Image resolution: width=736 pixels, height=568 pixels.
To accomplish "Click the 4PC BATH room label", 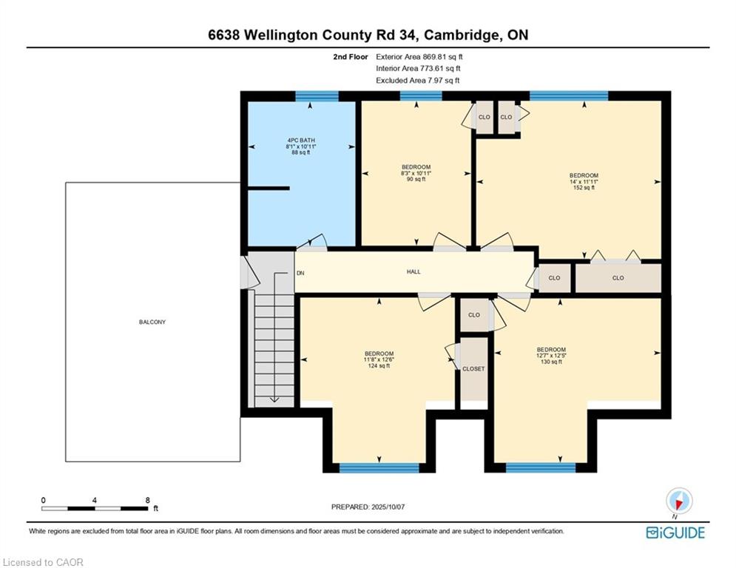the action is tap(301, 146).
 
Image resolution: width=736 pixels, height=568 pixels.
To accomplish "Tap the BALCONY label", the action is tap(152, 322).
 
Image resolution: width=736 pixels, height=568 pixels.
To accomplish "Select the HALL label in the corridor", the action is tap(413, 271).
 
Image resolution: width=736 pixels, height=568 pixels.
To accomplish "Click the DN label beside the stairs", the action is tap(300, 273).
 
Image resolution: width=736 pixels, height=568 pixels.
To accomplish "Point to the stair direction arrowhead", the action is tap(274, 399).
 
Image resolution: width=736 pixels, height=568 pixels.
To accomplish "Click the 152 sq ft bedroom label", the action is tap(584, 182).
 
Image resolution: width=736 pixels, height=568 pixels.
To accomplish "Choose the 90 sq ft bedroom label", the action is tap(416, 173).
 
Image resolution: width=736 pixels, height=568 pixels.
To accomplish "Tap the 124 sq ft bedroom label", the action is tap(379, 359).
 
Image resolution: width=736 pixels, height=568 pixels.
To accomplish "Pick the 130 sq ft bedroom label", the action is tap(552, 356).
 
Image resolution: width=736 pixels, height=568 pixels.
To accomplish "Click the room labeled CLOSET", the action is tap(473, 369).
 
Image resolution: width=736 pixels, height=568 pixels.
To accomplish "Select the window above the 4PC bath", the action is tap(317, 96).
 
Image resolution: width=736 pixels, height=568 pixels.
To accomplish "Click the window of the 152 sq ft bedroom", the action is tap(569, 96).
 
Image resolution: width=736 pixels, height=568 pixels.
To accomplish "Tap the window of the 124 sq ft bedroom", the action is tap(379, 467).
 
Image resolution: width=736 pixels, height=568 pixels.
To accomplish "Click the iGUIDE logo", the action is tap(675, 532).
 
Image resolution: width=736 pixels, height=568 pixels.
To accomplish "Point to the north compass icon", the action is tap(679, 501).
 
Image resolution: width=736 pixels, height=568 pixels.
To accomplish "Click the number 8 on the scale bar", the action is tap(148, 501).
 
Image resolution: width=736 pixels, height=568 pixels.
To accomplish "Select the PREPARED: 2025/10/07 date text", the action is tap(368, 507).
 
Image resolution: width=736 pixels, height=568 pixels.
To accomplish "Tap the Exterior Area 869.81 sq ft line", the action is tap(419, 57).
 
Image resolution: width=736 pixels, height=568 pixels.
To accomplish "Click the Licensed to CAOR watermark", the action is tap(43, 562).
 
